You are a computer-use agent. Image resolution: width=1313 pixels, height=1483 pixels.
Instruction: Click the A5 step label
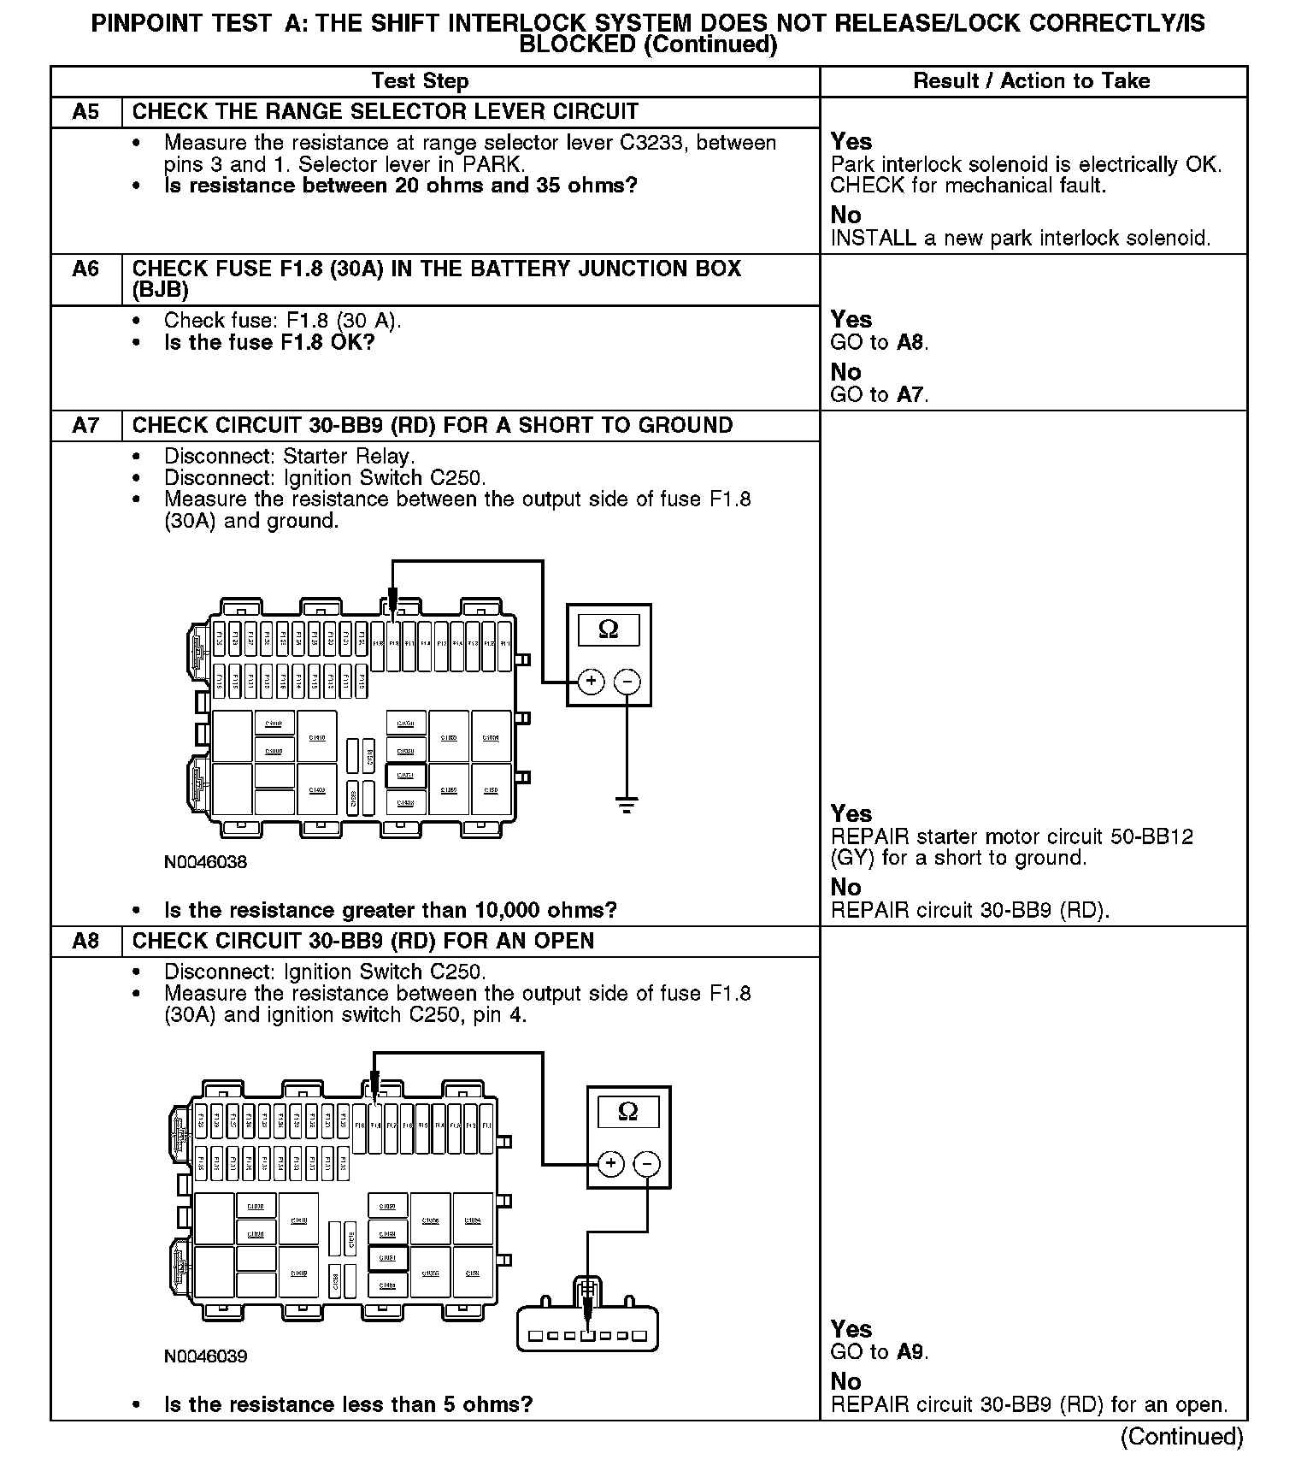point(85,112)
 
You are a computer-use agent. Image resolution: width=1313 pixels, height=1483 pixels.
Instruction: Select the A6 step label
point(85,269)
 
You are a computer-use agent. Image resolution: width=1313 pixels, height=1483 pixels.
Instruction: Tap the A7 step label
point(85,426)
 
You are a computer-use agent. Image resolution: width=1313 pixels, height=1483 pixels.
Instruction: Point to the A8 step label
point(85,942)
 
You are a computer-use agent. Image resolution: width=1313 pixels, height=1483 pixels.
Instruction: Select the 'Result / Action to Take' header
point(1032,81)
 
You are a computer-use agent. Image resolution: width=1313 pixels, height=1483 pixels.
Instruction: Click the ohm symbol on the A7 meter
point(609,629)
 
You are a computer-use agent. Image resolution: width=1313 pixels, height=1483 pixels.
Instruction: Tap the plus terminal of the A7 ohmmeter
point(591,681)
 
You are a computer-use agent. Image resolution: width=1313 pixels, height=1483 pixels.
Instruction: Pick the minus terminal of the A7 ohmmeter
point(627,681)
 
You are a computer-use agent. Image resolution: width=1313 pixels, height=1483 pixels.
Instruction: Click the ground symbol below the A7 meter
point(627,804)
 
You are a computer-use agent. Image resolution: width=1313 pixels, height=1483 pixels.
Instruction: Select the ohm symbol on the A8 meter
point(627,1111)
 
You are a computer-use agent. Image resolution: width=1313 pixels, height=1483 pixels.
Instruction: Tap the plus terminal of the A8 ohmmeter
point(610,1163)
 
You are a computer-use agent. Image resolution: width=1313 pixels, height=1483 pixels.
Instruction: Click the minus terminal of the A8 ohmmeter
point(647,1163)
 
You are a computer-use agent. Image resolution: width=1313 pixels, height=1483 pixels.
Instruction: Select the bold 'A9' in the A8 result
point(910,1352)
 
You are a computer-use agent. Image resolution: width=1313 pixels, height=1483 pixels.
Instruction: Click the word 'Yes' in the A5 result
point(851,142)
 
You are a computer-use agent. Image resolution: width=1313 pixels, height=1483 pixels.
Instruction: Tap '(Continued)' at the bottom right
point(1182,1436)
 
